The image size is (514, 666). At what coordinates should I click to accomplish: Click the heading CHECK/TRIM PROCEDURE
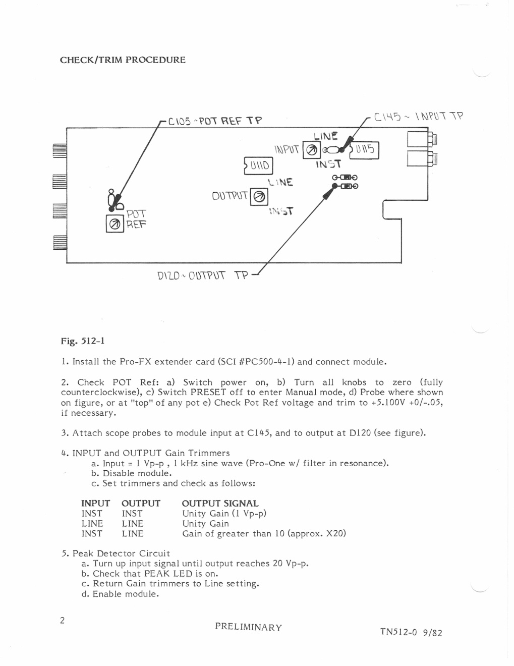[123, 60]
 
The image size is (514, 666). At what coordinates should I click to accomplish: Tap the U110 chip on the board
[258, 166]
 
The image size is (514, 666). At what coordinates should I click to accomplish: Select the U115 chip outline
[364, 150]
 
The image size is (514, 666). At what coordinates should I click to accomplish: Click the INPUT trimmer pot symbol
[312, 150]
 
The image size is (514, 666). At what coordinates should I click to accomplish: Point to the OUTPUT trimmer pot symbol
[259, 196]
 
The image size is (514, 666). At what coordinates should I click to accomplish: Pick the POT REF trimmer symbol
[115, 224]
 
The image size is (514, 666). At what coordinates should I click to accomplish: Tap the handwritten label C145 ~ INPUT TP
[419, 117]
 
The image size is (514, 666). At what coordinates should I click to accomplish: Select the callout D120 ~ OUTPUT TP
[203, 275]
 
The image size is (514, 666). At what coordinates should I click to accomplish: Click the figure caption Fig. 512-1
[83, 341]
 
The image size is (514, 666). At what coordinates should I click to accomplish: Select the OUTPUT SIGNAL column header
[220, 504]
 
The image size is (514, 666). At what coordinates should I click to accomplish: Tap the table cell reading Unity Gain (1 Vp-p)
[224, 514]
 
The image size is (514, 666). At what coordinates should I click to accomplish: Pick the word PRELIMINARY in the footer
[248, 627]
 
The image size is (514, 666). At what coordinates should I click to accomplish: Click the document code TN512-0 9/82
[411, 632]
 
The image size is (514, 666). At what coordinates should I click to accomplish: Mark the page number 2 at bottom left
[63, 621]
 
